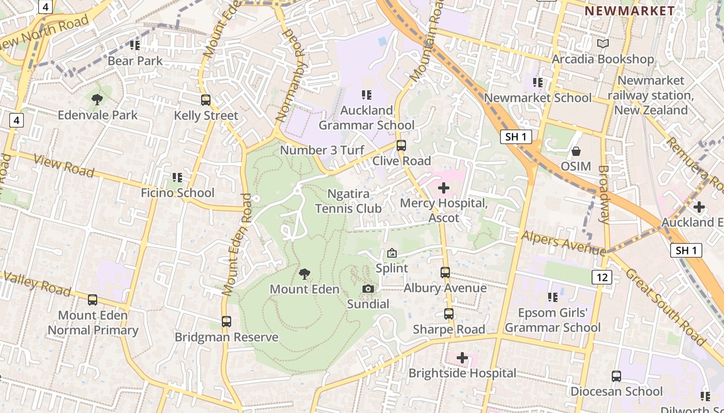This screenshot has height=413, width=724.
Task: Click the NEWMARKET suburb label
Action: [629, 11]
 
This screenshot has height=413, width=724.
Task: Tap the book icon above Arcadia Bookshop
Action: [602, 44]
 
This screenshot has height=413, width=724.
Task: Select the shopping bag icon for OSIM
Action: [576, 151]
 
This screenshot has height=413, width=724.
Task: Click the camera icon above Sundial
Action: [368, 289]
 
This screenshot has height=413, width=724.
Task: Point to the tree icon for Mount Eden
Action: [305, 274]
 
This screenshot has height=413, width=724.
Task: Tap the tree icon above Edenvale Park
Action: [97, 99]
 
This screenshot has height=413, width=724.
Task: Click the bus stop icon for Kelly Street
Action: [206, 100]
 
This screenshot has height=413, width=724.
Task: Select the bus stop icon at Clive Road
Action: [401, 146]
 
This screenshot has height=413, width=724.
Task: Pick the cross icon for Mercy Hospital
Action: [443, 188]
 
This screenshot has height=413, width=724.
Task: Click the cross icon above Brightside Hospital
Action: [462, 357]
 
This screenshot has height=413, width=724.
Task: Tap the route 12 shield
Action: [602, 277]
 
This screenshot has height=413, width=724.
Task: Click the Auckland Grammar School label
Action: [366, 118]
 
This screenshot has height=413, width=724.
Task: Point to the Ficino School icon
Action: [177, 178]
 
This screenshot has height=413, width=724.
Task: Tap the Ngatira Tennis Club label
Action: [348, 201]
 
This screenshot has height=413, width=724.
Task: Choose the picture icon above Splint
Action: [391, 253]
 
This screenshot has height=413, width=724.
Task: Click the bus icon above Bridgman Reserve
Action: [226, 322]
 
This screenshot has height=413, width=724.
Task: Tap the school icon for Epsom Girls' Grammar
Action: [552, 297]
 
